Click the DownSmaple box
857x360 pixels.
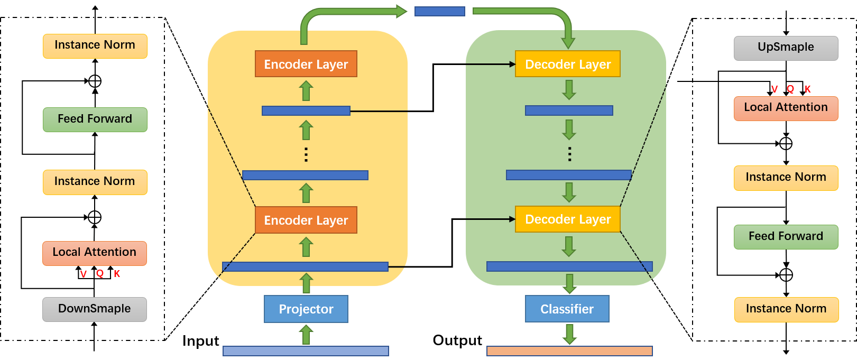95,309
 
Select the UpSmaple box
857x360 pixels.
786,48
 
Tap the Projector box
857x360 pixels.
306,309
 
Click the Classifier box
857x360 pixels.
567,309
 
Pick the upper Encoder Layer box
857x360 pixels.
306,64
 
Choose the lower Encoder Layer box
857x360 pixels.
306,220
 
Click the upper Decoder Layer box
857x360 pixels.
567,64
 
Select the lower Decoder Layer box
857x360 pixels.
567,219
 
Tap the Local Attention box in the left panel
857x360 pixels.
95,253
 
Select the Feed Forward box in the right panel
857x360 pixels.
786,236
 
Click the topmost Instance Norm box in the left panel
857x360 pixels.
95,45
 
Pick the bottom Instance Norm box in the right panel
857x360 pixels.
786,309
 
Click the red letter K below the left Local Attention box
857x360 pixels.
117,274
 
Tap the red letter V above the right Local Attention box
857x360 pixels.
775,89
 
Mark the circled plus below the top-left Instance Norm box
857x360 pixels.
95,81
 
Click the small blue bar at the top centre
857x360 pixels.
439,11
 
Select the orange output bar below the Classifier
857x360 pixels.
569,351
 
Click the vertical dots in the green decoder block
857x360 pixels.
569,154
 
